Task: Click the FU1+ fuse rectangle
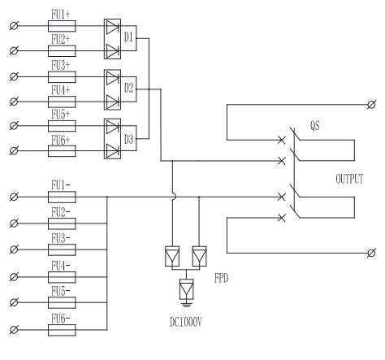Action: pos(62,26)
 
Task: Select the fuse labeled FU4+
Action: pos(62,102)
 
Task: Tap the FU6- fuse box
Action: pos(62,330)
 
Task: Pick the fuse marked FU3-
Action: pos(62,249)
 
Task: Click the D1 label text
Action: pos(128,37)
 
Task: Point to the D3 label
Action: pos(128,140)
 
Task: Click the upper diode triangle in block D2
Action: pos(112,78)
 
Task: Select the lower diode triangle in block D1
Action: pos(112,51)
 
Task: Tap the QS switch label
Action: pos(315,126)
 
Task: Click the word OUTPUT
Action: pos(349,179)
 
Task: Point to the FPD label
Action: pos(221,278)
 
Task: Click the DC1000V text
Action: pos(186,322)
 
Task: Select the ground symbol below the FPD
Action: pos(186,304)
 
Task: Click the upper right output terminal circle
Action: pos(371,105)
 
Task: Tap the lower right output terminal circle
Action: pos(371,253)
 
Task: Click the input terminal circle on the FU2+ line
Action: pos(14,50)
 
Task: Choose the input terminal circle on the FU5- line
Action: pos(14,302)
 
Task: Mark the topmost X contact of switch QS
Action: pos(282,140)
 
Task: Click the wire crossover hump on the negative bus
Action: pos(174,197)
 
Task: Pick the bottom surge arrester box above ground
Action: pos(186,289)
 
